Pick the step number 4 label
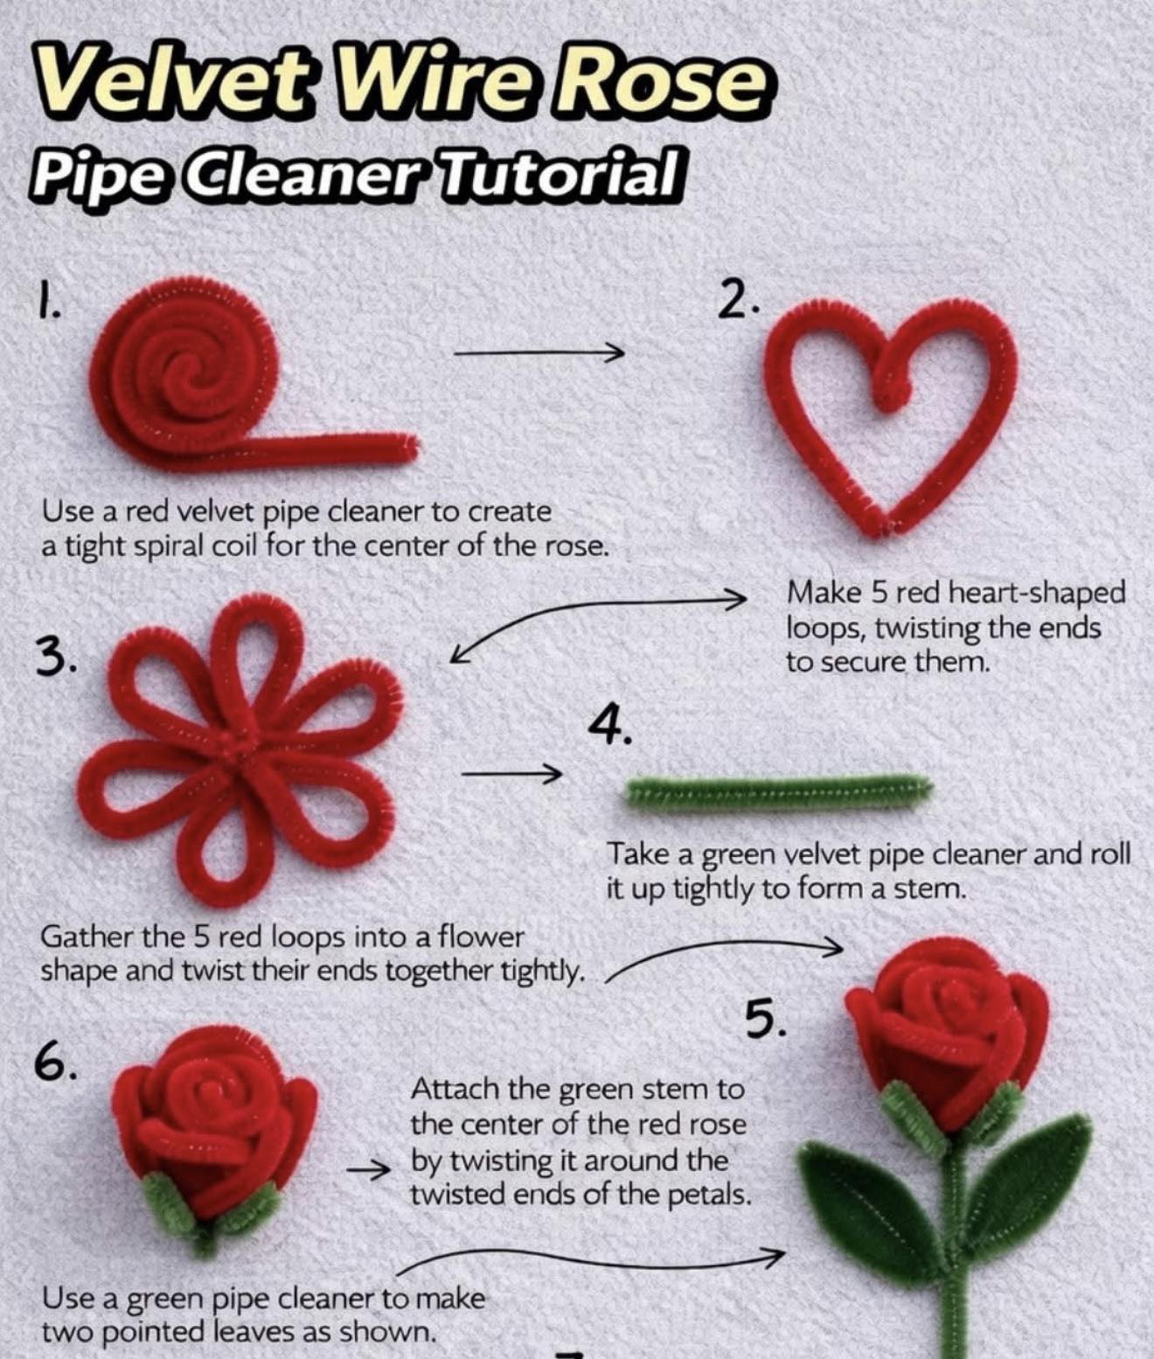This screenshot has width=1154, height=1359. pyautogui.click(x=610, y=724)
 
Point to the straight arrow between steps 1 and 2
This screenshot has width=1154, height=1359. pyautogui.click(x=538, y=353)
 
